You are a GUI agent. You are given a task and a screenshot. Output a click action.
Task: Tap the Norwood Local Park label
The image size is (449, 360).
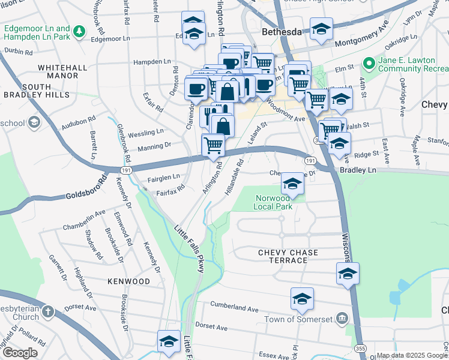tap(274, 202)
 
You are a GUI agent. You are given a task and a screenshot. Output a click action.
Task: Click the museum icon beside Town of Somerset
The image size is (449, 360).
tap(342, 317)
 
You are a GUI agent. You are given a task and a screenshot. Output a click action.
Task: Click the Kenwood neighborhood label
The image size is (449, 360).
tap(128, 281)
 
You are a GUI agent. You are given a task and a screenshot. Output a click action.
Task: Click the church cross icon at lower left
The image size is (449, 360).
tap(47, 313)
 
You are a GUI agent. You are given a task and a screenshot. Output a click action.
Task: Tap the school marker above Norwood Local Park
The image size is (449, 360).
tap(292, 183)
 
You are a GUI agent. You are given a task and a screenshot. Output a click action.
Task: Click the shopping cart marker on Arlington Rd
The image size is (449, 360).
tap(214, 145)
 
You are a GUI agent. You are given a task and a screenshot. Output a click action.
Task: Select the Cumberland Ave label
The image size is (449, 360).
tap(234, 307)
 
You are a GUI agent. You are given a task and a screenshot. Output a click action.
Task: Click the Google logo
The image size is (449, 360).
tap(19, 353)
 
